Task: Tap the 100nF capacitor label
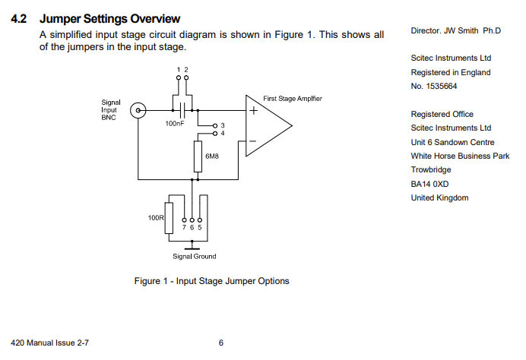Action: tap(175, 123)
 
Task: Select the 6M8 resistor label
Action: tap(212, 156)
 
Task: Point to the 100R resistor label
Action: tap(156, 218)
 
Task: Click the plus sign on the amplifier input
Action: tap(253, 110)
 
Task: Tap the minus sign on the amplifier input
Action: tap(253, 141)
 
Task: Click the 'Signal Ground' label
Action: tap(195, 256)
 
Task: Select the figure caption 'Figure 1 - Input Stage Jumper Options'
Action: tap(211, 281)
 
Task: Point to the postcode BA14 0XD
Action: tap(430, 184)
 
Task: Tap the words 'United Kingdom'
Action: tap(439, 198)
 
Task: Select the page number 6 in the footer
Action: tap(221, 343)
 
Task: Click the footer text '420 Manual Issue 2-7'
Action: tap(51, 343)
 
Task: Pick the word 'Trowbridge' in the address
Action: tap(432, 170)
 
